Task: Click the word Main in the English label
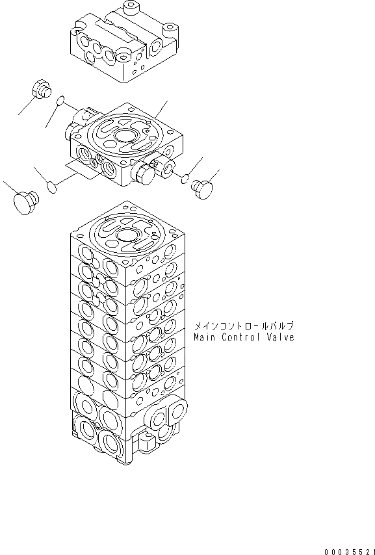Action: [x=205, y=337]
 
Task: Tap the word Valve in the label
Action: [x=280, y=337]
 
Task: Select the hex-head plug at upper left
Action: [x=41, y=90]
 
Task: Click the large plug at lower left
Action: [x=25, y=201]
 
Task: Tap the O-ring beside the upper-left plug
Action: [x=60, y=101]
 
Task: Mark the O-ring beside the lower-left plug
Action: [x=53, y=188]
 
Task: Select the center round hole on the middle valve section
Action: [x=123, y=137]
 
